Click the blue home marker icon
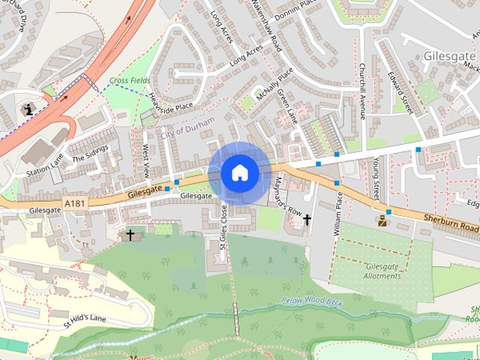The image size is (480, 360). [239, 172]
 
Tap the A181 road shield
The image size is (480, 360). [75, 203]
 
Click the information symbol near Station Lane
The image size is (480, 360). [28, 109]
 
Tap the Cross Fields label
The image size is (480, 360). [129, 80]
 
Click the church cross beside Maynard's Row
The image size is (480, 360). [307, 220]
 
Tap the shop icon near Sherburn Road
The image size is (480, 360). [383, 220]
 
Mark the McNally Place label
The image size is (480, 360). [274, 84]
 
